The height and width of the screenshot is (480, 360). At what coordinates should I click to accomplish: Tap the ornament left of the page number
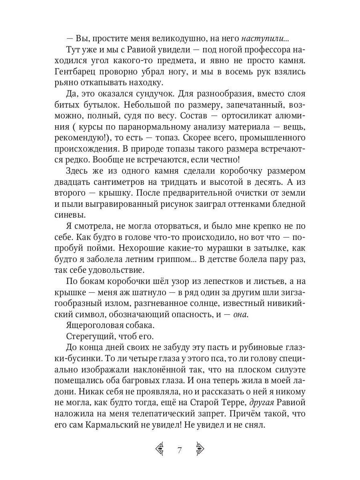coord(160,450)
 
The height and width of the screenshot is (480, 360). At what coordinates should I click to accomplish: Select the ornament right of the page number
coord(200,450)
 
